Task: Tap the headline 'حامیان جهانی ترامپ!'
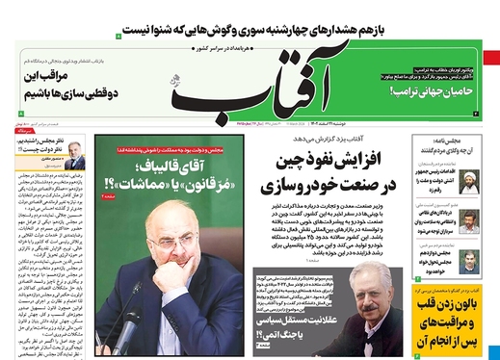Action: click(x=434, y=90)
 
